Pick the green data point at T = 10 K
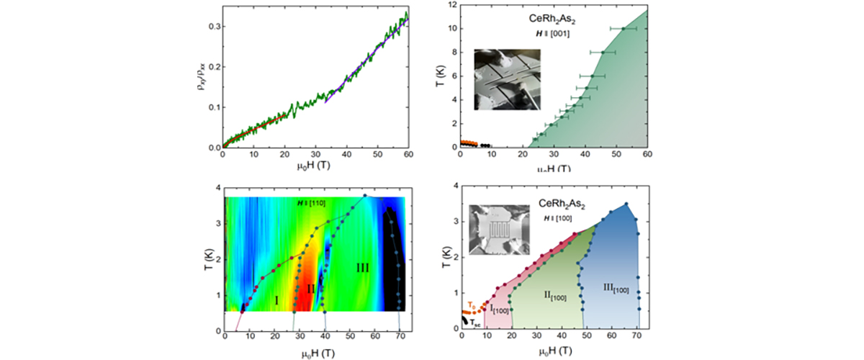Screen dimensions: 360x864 point(624,29)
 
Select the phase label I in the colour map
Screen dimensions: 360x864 point(277,299)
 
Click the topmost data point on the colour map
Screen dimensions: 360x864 point(365,195)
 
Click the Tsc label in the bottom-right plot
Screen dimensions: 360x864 point(475,323)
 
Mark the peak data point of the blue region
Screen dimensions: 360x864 point(626,204)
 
